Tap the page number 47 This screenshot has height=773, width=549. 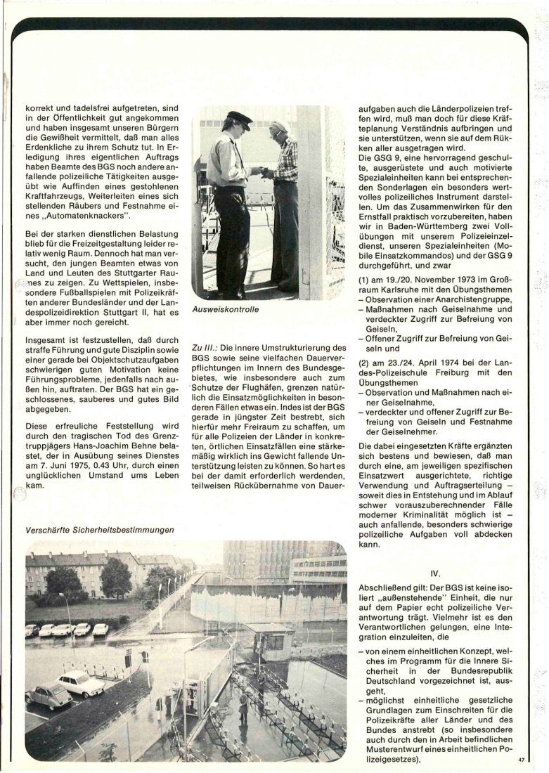tap(521, 759)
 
